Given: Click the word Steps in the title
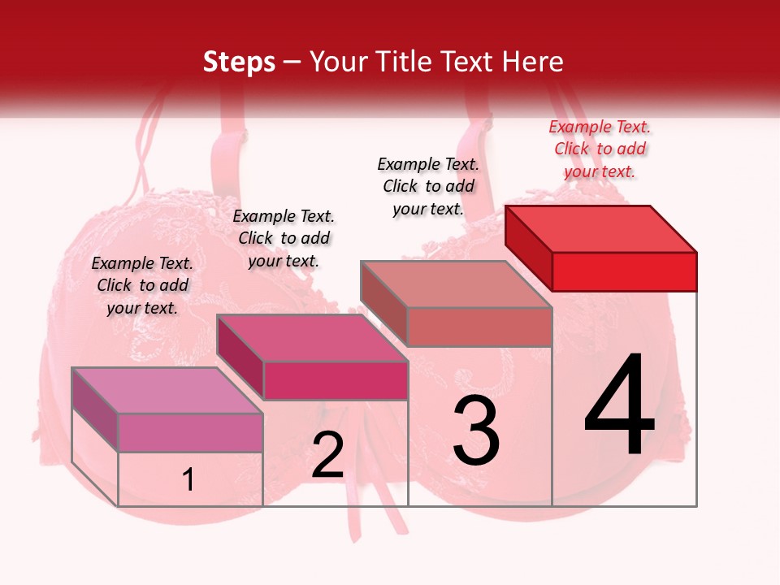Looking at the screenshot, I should pyautogui.click(x=238, y=62).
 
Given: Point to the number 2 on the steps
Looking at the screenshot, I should pyautogui.click(x=327, y=456).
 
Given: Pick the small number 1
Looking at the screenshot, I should pyautogui.click(x=188, y=480).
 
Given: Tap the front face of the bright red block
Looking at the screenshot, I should pyautogui.click(x=624, y=271).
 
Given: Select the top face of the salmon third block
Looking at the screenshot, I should pyautogui.click(x=457, y=284).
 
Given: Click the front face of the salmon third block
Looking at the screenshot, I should pyautogui.click(x=479, y=327).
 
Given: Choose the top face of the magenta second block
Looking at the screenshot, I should pyautogui.click(x=312, y=338).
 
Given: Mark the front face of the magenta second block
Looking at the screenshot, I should pyautogui.click(x=335, y=380).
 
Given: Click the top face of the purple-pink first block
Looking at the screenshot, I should pyautogui.click(x=167, y=390).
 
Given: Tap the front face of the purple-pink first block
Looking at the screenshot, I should pyautogui.click(x=190, y=432).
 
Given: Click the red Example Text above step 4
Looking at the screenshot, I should pyautogui.click(x=600, y=149).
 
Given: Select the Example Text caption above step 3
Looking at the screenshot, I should pyautogui.click(x=428, y=186).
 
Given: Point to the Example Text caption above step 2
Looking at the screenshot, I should pyautogui.click(x=284, y=238).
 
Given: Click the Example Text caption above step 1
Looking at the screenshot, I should pyautogui.click(x=142, y=285).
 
